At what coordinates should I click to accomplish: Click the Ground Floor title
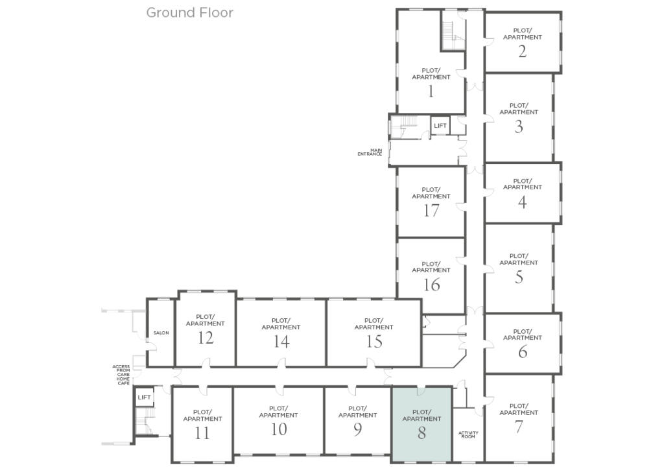pyautogui.click(x=189, y=12)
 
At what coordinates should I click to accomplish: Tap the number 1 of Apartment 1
pyautogui.click(x=431, y=91)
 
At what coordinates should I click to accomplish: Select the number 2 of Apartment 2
pyautogui.click(x=523, y=51)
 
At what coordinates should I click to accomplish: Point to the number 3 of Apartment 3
pyautogui.click(x=519, y=126)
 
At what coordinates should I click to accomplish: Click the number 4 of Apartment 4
pyautogui.click(x=523, y=202)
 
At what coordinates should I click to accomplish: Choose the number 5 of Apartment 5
pyautogui.click(x=519, y=277)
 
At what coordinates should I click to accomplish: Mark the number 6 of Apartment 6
pyautogui.click(x=523, y=351)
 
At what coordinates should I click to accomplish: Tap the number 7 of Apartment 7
pyautogui.click(x=519, y=427)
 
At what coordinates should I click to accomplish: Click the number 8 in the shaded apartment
pyautogui.click(x=421, y=433)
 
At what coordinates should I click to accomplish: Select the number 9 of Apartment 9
pyautogui.click(x=358, y=429)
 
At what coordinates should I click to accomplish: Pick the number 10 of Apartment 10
pyautogui.click(x=279, y=429)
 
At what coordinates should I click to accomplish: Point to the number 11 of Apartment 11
pyautogui.click(x=202, y=433)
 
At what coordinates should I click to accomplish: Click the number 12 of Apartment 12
pyautogui.click(x=206, y=338)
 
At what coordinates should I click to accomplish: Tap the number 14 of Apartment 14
pyautogui.click(x=281, y=342)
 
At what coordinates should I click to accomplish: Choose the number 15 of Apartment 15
pyautogui.click(x=373, y=342)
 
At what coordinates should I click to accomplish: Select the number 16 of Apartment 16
pyautogui.click(x=431, y=285)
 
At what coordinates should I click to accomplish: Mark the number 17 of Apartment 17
pyautogui.click(x=431, y=211)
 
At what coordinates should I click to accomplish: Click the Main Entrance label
pyautogui.click(x=370, y=152)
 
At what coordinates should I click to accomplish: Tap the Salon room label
pyautogui.click(x=161, y=333)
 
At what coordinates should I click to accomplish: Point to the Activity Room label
pyautogui.click(x=468, y=434)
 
